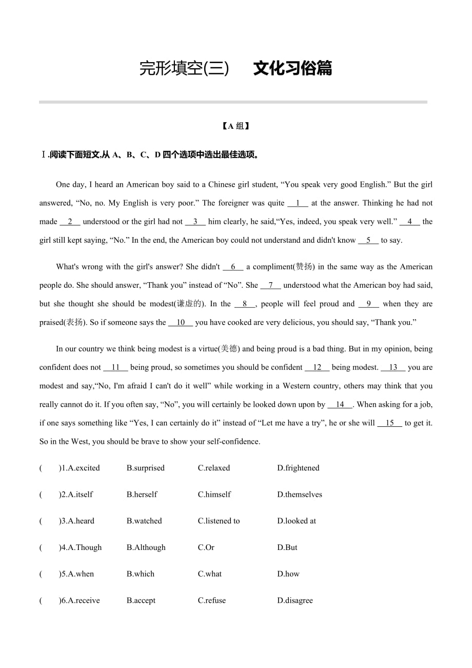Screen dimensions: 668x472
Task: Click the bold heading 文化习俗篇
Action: coord(292,68)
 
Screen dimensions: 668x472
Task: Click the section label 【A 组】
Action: coord(235,126)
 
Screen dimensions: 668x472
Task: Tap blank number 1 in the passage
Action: coord(298,203)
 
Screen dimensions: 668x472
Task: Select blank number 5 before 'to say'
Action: coord(368,240)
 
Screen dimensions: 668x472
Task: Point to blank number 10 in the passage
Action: coord(181,323)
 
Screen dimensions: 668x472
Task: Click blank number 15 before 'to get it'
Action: coord(390,423)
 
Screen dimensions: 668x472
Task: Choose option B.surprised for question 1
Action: coord(146,468)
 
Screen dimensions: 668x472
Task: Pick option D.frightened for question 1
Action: coord(298,468)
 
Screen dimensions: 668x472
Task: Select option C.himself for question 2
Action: coord(214,495)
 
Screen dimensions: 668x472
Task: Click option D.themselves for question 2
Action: coord(300,495)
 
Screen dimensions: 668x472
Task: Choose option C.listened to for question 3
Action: coord(219,521)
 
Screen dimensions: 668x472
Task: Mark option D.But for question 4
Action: coord(287,548)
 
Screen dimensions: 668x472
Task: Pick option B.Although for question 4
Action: coord(146,548)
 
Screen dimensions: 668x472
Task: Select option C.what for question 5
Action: coord(210,574)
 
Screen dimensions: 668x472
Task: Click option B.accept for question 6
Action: coord(141,601)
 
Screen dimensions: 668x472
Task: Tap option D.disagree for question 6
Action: coord(295,601)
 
